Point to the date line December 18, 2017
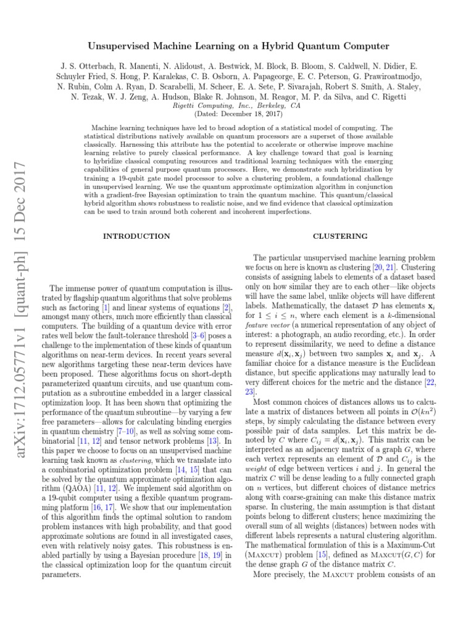(236, 114)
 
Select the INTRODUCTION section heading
(136, 236)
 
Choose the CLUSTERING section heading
(340, 236)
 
